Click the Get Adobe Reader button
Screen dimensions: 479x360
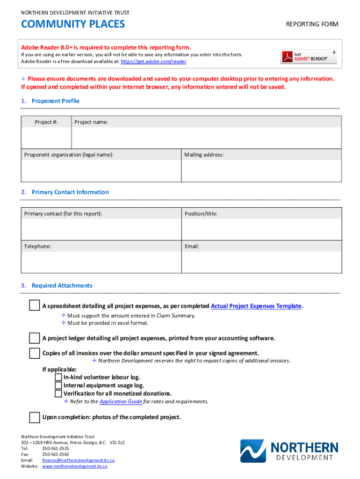coord(309,56)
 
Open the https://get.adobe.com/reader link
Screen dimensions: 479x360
coord(153,61)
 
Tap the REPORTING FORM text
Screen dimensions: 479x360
coord(312,24)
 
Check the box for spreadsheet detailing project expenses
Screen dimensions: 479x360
coord(34,306)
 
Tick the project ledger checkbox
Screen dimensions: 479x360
coord(34,338)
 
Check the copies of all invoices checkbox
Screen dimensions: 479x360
coord(34,353)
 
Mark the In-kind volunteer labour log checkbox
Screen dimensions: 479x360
coord(58,377)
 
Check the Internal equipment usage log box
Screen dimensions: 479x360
coord(58,385)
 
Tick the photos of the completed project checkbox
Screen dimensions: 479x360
coord(34,417)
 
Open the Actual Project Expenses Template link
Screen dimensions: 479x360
coord(256,306)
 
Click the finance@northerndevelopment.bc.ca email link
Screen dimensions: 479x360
coord(78,460)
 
